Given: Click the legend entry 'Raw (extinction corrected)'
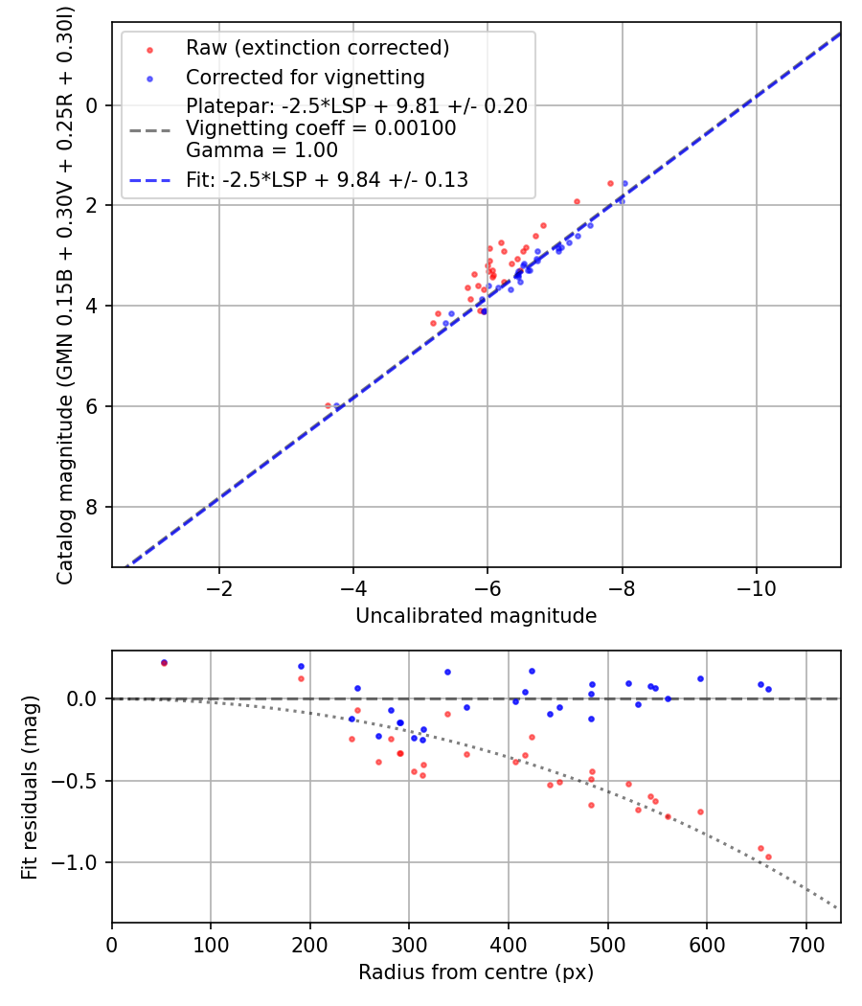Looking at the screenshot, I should pyautogui.click(x=317, y=48).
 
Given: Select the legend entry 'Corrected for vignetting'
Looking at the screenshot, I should pyautogui.click(x=305, y=77).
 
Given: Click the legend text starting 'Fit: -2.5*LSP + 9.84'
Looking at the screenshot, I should pyautogui.click(x=327, y=179).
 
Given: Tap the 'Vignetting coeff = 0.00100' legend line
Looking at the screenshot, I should pyautogui.click(x=321, y=128).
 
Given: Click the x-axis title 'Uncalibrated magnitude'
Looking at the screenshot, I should pyautogui.click(x=476, y=616).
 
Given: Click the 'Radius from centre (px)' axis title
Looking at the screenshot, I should pyautogui.click(x=476, y=972).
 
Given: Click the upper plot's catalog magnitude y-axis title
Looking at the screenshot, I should pyautogui.click(x=64, y=293).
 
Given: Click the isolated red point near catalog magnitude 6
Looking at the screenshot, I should pyautogui.click(x=328, y=406).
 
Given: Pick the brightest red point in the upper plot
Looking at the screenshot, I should pyautogui.click(x=610, y=183).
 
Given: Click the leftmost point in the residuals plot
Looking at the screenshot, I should pyautogui.click(x=164, y=663).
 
